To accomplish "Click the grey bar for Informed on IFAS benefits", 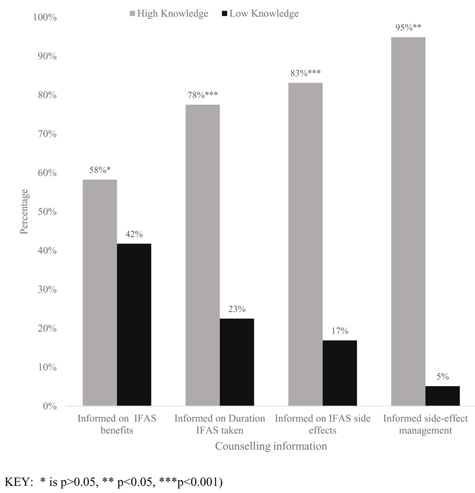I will coord(100,292).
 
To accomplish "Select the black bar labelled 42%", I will coord(134,325).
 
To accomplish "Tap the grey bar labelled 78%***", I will coord(202,255).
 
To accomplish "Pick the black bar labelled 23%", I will coord(237,362).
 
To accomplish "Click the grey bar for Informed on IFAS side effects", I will coord(305,244).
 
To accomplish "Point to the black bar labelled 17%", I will coord(340,373).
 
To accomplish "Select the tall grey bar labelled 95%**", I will coord(408,222).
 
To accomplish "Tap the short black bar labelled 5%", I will coord(442,396).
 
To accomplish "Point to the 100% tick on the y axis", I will coord(45,18).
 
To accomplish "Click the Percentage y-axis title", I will coord(24,212).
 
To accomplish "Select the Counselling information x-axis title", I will coord(271,446).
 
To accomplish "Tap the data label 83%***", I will coord(305,73).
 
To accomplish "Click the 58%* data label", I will coord(100,170).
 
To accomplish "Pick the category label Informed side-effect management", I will coord(425,425).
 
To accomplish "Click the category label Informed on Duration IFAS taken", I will coord(219,425).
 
